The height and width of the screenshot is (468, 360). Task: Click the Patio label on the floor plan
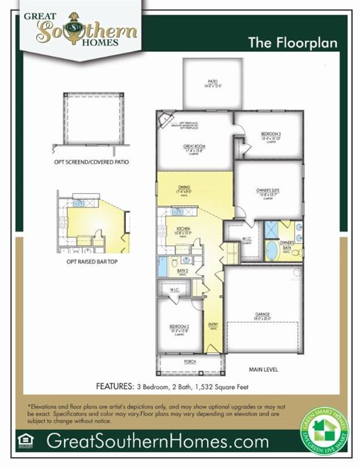212,84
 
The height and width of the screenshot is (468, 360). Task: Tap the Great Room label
194,148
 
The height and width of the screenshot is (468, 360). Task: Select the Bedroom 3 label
270,135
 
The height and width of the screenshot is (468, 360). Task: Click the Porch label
190,361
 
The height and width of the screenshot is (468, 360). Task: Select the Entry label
213,325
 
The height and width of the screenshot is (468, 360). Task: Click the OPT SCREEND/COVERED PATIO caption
93,163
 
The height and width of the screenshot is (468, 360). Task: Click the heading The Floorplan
292,43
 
